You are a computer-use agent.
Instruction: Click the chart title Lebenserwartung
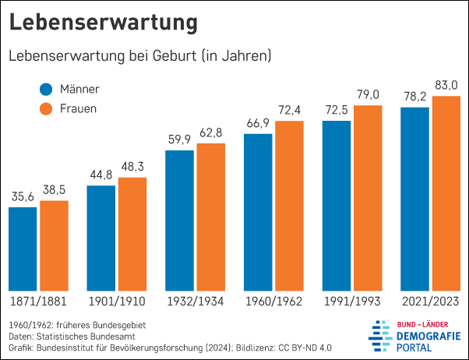click(x=103, y=23)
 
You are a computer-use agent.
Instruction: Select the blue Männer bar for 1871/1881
click(x=23, y=249)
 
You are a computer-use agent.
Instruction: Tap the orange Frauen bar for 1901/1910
click(x=132, y=235)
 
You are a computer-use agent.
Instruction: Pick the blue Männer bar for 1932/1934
click(x=179, y=221)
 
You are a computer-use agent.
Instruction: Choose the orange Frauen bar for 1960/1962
click(x=289, y=206)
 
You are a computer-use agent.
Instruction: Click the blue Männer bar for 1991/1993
click(x=337, y=206)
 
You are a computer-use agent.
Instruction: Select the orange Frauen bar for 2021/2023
click(x=446, y=194)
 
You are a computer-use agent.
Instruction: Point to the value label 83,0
click(x=446, y=84)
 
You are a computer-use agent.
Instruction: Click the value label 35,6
click(x=23, y=196)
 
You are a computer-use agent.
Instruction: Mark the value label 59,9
click(x=179, y=139)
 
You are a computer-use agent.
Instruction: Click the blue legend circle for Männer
click(x=46, y=90)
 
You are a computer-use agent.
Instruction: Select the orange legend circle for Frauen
click(x=46, y=109)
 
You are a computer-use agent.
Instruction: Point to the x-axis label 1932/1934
click(x=195, y=302)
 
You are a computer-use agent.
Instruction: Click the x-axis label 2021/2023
click(x=430, y=302)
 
